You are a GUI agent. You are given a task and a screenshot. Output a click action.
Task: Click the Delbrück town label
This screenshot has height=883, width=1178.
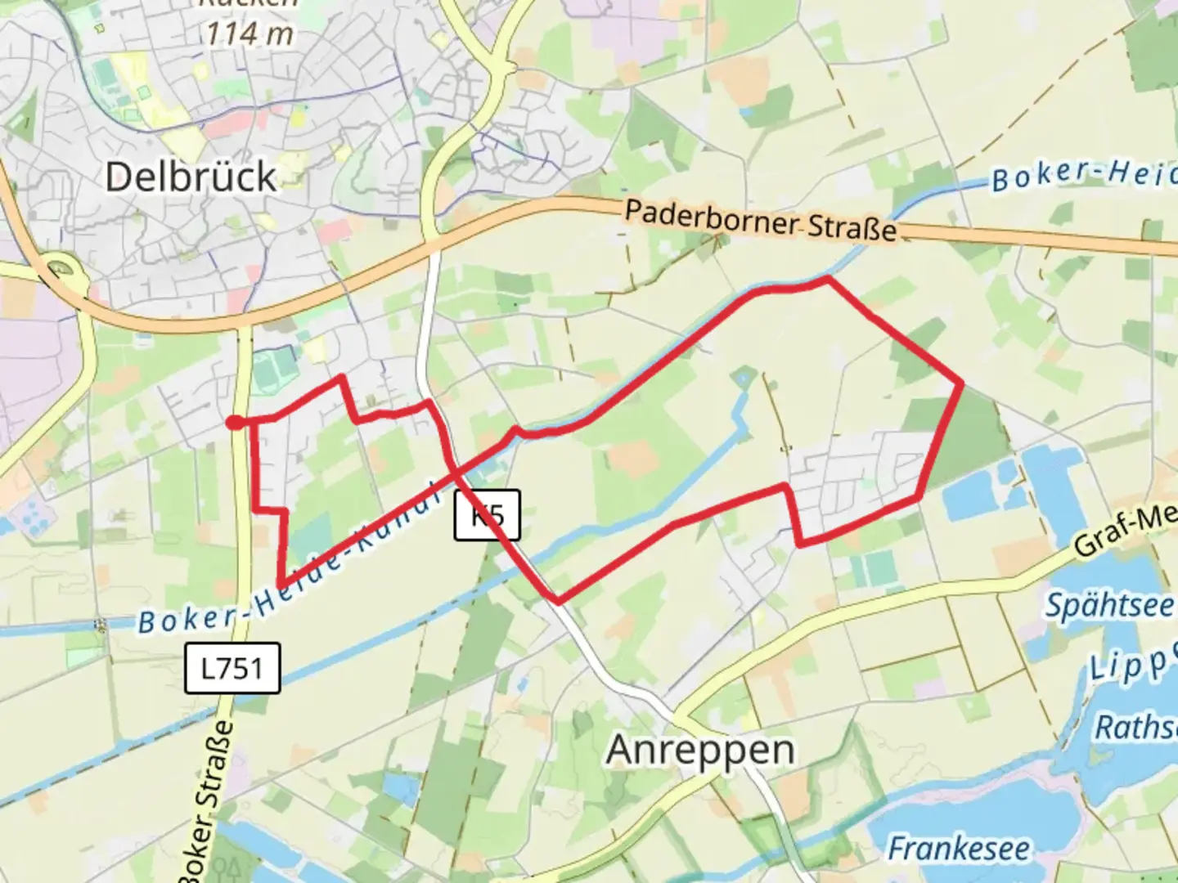[x=191, y=177]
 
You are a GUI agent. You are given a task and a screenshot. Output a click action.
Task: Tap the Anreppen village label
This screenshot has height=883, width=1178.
[x=700, y=749]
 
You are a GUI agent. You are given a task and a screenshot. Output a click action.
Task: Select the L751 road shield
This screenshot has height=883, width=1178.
[x=232, y=668]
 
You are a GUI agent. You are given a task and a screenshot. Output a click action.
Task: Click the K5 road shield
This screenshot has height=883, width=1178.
[x=487, y=516]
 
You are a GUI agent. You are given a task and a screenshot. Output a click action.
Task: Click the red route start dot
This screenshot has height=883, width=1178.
[x=234, y=422]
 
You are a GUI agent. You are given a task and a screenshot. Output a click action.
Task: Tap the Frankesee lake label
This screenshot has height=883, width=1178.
[x=958, y=848]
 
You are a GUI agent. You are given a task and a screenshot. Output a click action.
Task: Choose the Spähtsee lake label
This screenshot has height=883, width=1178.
[x=1110, y=606]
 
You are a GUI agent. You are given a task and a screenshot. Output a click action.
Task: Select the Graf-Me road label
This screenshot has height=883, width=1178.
[x=1125, y=531]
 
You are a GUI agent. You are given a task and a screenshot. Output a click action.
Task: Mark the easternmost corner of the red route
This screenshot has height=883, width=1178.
[x=960, y=383]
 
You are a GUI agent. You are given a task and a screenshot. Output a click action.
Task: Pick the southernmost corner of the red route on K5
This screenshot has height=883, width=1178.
[x=558, y=602]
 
